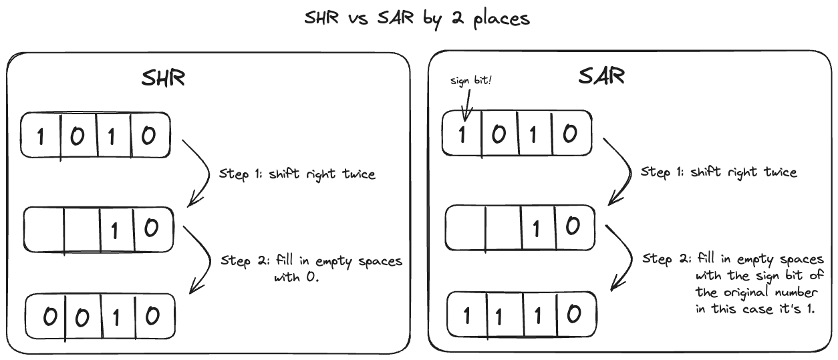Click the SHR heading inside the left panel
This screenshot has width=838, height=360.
point(162,78)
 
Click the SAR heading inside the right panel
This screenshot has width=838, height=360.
point(601,75)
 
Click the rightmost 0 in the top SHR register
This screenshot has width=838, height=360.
point(148,136)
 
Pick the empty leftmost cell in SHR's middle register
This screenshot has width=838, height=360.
point(44,230)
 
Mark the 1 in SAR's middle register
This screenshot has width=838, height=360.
point(535,228)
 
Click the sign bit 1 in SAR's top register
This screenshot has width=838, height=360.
point(461,134)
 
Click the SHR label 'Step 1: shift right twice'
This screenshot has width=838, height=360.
point(297,174)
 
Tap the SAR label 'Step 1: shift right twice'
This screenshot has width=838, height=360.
point(719,172)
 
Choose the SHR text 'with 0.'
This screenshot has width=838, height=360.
point(297,277)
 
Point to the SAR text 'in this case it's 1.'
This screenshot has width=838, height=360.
point(755,310)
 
